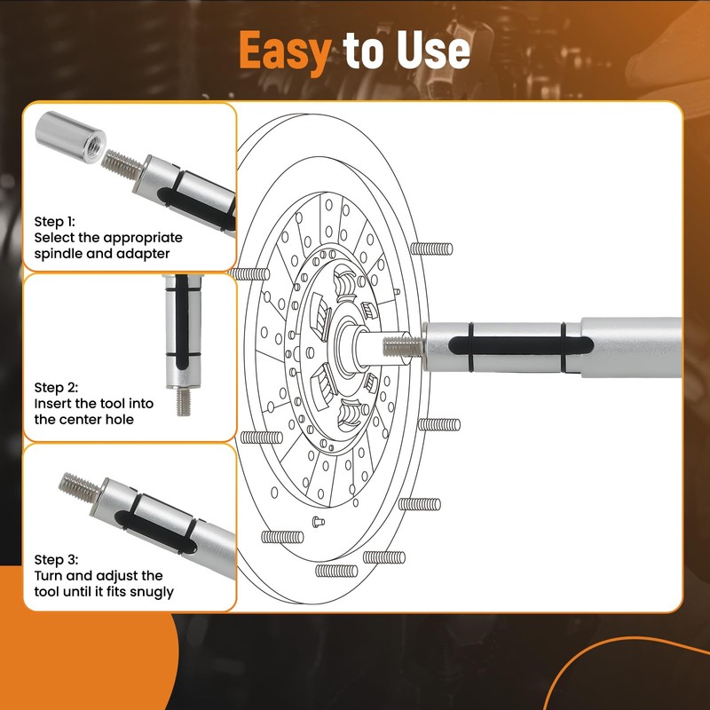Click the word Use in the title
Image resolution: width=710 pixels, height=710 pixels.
433,51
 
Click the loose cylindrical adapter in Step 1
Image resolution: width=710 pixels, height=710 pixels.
71,138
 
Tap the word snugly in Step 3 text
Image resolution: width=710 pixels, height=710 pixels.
148,592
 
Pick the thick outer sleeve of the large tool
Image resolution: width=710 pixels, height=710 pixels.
630,347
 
